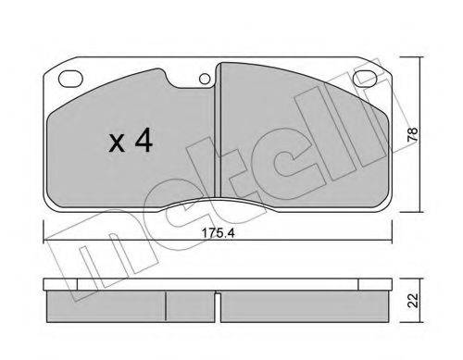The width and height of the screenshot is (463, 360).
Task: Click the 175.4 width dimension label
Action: click(x=219, y=233)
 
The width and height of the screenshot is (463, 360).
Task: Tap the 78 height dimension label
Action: click(x=413, y=134)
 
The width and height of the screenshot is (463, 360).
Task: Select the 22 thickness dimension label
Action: click(x=413, y=300)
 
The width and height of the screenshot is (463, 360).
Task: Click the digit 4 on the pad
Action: click(x=144, y=140)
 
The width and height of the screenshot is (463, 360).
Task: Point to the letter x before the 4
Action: click(x=117, y=144)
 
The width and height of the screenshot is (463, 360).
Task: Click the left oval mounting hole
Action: click(x=70, y=79)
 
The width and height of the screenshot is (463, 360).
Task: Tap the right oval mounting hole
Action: click(x=365, y=79)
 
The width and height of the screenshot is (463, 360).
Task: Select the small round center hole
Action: click(x=205, y=80)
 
